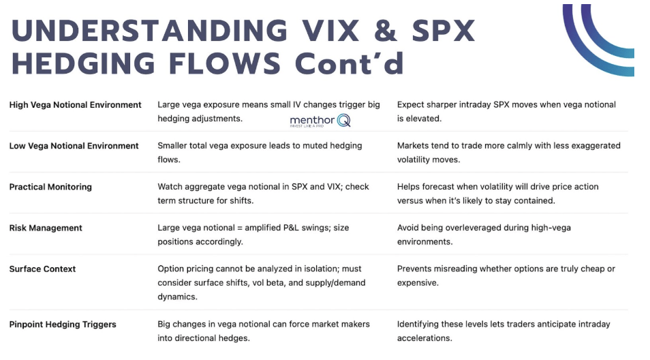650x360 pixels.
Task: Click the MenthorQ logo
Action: coord(320,121)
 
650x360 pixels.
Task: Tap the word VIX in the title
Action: coord(330,31)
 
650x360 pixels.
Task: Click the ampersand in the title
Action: coord(386,31)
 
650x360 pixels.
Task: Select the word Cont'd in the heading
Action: coord(349,63)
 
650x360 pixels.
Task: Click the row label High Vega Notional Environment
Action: coord(75,105)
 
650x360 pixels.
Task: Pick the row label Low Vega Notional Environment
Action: coord(74,146)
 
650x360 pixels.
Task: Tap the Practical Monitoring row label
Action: coord(50,187)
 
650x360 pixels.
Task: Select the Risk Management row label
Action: coord(46,228)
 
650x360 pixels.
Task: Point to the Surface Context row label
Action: coord(42,269)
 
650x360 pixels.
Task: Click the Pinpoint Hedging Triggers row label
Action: coord(63,325)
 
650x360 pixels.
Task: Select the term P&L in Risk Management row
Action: coord(292,228)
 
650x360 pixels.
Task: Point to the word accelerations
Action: coord(423,338)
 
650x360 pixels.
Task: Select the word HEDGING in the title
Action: coord(83,63)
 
